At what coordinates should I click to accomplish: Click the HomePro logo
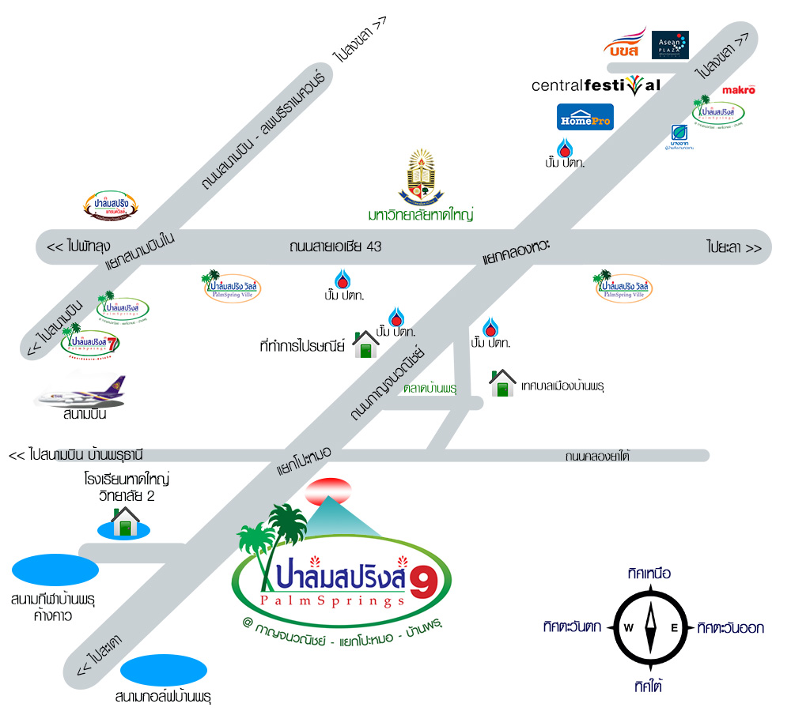coord(585,117)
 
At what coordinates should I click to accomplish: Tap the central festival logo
coord(596,85)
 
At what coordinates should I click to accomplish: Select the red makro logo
coord(738,90)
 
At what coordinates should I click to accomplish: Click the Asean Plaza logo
coord(670,45)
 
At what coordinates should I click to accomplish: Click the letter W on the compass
coord(629,628)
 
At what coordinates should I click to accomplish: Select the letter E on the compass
coord(674,628)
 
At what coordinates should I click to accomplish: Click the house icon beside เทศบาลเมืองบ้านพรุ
coord(502,383)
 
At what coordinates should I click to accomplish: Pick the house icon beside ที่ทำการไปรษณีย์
coord(365,344)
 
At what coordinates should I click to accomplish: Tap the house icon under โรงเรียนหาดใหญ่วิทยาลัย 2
coord(124,522)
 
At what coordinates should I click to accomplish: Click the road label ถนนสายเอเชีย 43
coord(335,246)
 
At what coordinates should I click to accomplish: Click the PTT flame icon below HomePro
coord(565,149)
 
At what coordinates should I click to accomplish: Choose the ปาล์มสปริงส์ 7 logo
coord(83,342)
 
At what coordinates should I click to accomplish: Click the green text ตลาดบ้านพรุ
coord(431,389)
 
